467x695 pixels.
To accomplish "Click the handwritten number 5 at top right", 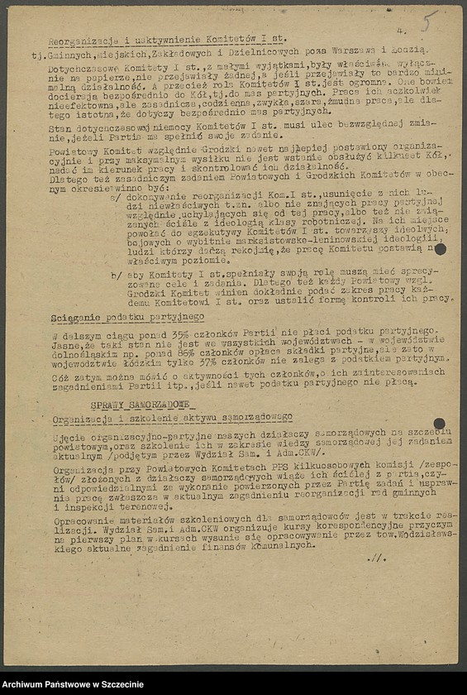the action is click(x=427, y=22).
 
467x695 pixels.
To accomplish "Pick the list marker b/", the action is click(x=114, y=273).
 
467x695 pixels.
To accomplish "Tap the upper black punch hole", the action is click(x=440, y=249).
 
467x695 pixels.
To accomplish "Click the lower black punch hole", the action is click(x=439, y=424).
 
